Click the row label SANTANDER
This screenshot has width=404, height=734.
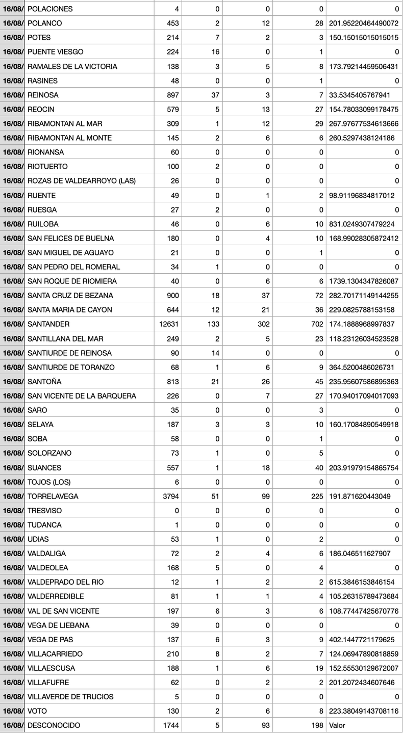point(48,324)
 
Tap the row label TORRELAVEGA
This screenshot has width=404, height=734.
point(53,496)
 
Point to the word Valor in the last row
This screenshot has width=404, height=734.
point(337,725)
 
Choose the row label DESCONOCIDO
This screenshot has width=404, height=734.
point(54,725)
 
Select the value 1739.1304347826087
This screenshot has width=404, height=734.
point(364,281)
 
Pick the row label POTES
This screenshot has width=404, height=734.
point(39,38)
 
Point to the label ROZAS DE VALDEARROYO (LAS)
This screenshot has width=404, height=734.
point(82,181)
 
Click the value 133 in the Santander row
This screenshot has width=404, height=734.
point(214,324)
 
